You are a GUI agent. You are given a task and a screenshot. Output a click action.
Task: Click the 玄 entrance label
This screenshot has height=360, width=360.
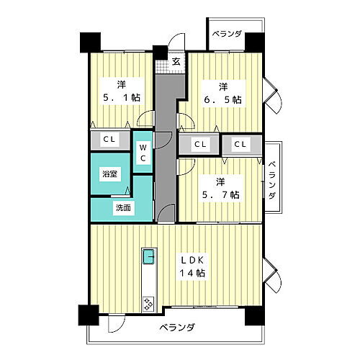(x=176, y=62)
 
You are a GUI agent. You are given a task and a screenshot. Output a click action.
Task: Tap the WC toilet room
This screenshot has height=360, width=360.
(x=143, y=152)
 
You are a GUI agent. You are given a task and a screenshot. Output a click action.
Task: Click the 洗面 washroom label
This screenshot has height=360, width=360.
(x=123, y=208)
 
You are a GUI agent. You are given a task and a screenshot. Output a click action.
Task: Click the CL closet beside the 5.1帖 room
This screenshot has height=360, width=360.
(x=110, y=140)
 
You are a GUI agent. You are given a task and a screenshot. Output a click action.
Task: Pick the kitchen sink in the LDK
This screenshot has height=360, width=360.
(x=148, y=256)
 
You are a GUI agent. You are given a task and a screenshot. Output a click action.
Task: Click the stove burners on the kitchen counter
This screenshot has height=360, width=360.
(x=149, y=304)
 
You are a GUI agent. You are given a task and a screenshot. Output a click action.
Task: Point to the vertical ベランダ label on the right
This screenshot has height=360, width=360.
(x=273, y=180)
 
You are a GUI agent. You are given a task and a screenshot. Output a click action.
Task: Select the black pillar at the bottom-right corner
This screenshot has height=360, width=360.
(x=253, y=315)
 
